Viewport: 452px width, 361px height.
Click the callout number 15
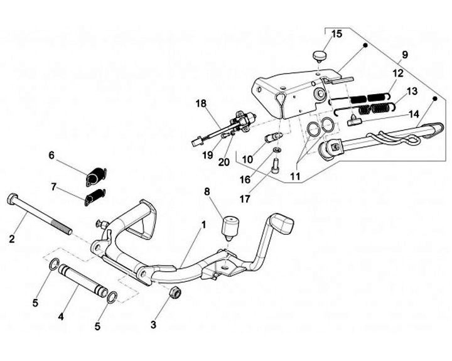pyautogui.click(x=336, y=33)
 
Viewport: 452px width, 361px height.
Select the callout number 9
pyautogui.click(x=405, y=55)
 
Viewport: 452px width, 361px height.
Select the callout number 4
pyautogui.click(x=61, y=317)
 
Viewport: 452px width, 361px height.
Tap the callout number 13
pyautogui.click(x=411, y=92)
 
